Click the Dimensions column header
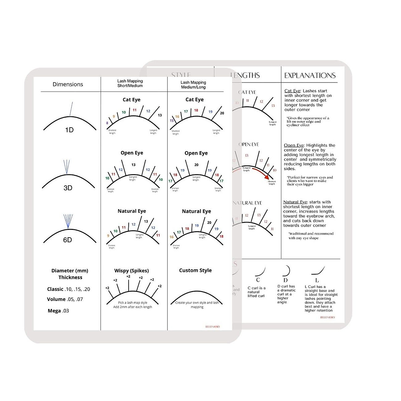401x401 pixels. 68,84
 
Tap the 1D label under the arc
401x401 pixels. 69,130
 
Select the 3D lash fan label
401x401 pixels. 68,188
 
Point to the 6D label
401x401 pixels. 68,240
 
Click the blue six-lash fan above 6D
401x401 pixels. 68,221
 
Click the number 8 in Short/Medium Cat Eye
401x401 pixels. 107,123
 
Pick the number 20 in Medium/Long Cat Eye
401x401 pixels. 222,113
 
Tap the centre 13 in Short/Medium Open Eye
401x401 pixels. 133,165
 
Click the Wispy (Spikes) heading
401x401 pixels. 132,271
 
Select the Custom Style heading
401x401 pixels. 195,270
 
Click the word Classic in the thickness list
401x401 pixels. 55,289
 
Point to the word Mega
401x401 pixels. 54,311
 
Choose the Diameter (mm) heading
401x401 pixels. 70,271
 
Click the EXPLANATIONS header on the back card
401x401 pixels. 310,76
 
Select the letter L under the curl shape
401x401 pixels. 317,280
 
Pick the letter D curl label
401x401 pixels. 285,280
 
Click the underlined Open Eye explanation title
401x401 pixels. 294,145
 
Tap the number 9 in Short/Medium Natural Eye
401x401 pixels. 108,236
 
